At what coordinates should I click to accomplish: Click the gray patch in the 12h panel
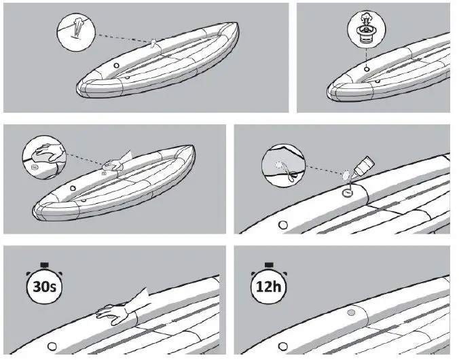pos(351,312)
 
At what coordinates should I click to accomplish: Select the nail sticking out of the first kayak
pos(154,43)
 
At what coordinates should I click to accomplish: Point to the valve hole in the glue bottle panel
pos(283,224)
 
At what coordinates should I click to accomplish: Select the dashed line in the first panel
pos(122,39)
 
